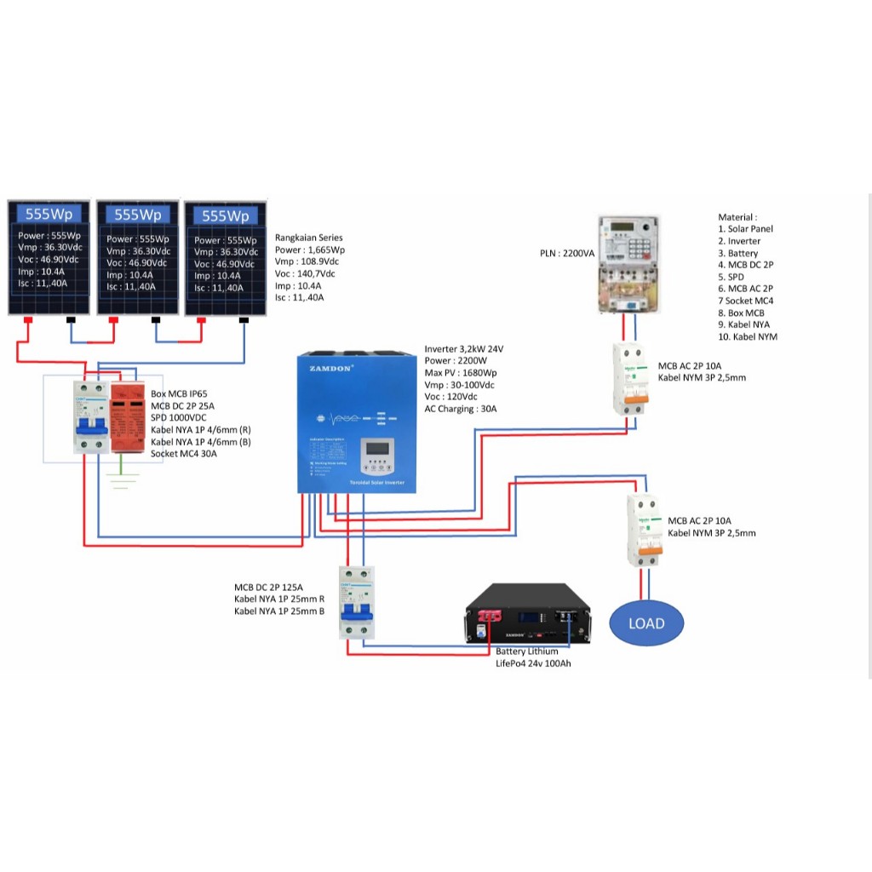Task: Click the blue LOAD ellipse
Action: tap(645, 622)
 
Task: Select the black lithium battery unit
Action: tap(527, 616)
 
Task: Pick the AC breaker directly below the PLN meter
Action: tap(631, 380)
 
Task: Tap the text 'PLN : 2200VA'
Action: tap(568, 254)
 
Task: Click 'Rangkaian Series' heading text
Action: tap(309, 238)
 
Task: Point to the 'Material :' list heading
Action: tap(737, 217)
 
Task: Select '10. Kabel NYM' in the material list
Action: tap(748, 336)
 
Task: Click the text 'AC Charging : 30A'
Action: tap(460, 409)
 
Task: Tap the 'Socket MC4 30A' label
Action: tap(184, 454)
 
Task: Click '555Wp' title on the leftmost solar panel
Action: tap(49, 214)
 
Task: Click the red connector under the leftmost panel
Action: tap(27, 321)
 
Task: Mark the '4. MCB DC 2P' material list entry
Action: tap(746, 265)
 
